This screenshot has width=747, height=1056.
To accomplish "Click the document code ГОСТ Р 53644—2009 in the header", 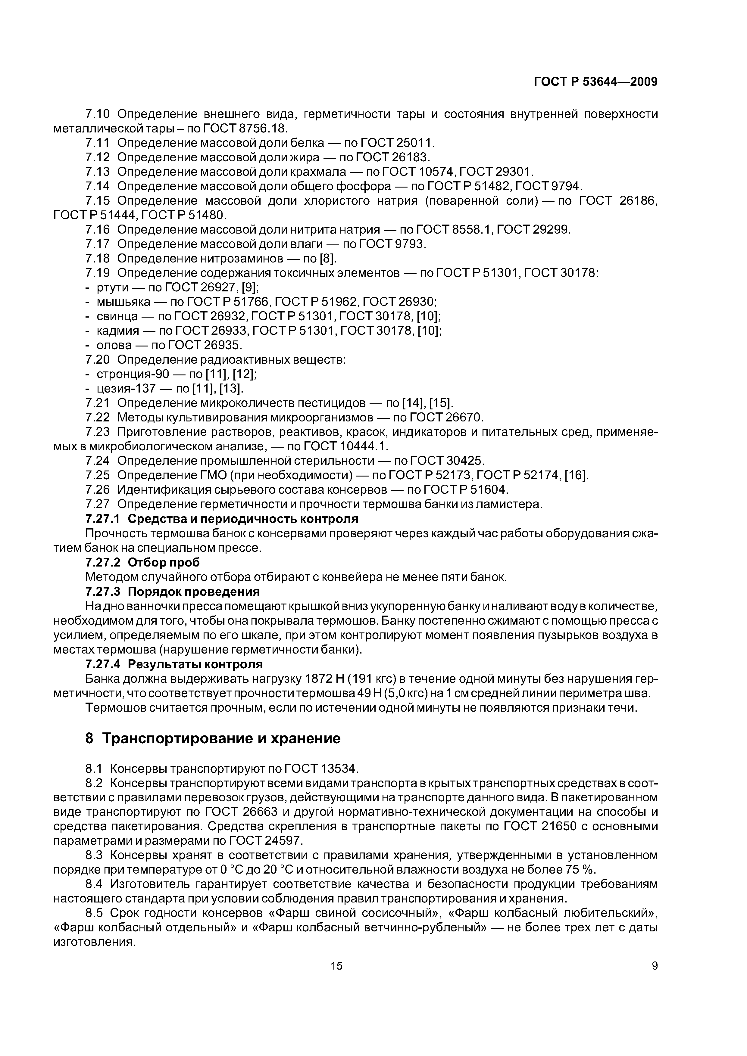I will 595,82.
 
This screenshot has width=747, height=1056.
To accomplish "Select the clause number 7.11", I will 98,143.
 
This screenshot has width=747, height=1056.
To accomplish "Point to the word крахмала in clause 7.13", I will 318,172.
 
